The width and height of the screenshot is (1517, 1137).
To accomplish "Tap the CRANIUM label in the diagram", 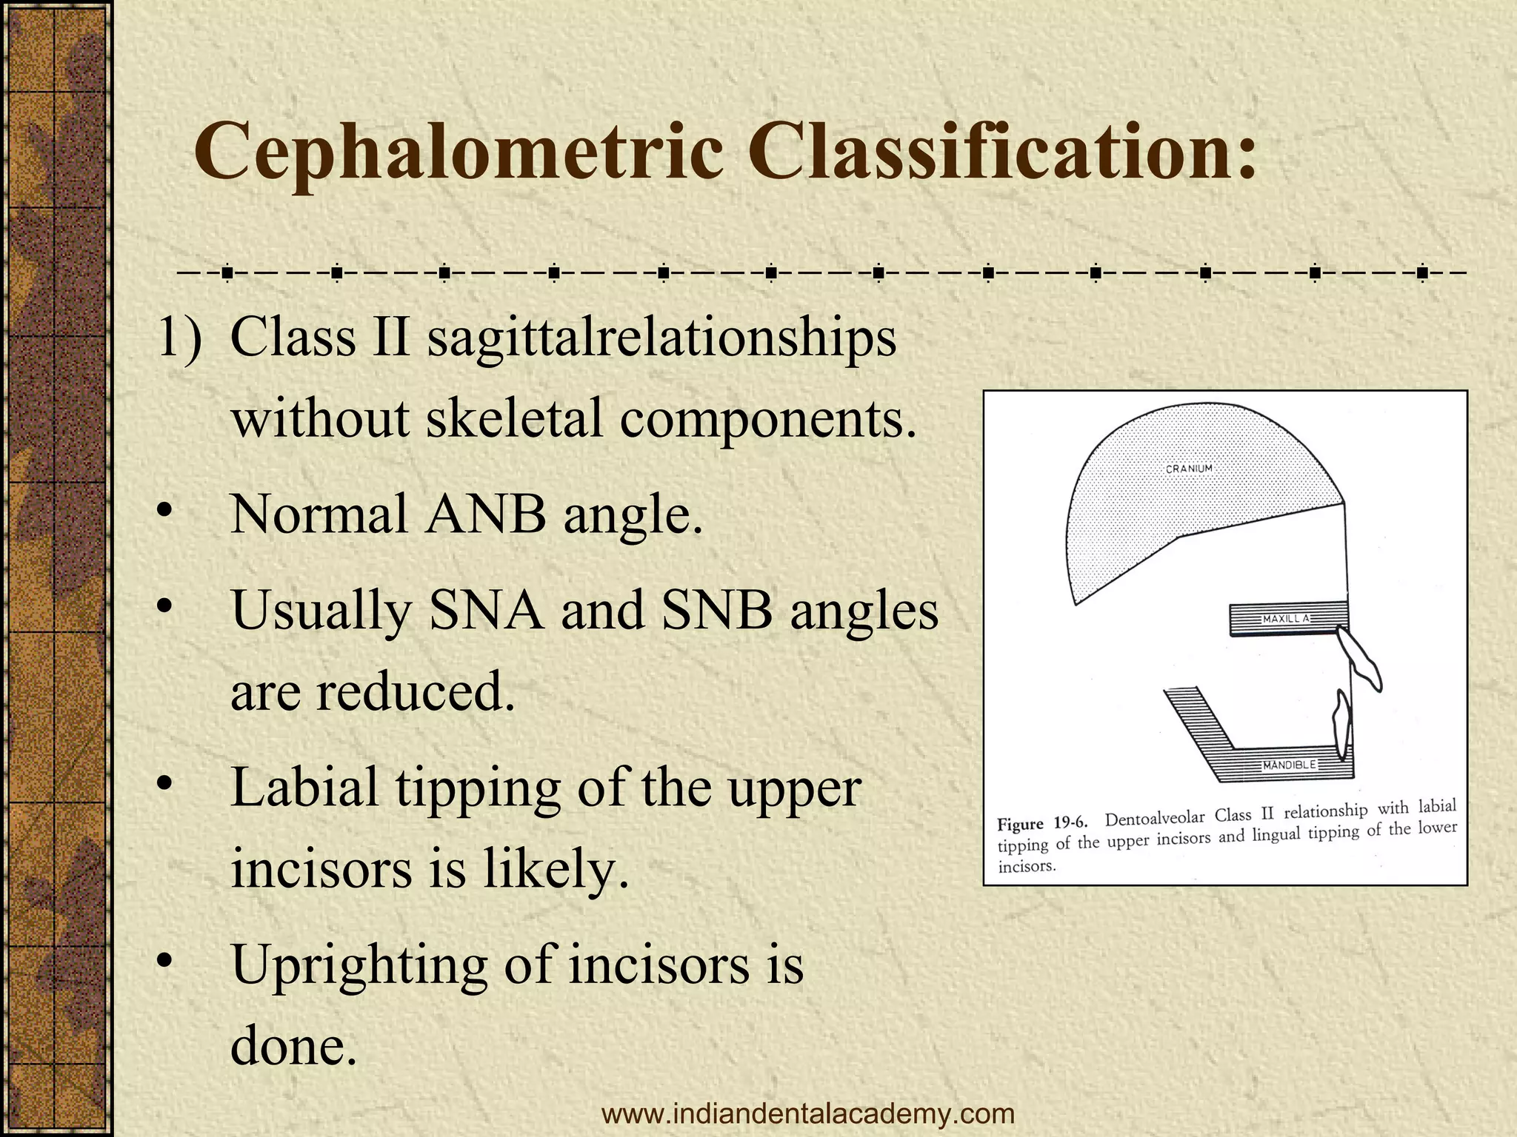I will pos(1189,469).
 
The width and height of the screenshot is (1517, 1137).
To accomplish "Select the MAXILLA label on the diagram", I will pos(1287,618).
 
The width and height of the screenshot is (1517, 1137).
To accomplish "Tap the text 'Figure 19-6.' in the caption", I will pos(1041,824).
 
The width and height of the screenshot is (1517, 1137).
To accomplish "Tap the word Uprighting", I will pos(359,965).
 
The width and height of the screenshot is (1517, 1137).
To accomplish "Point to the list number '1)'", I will pos(180,339).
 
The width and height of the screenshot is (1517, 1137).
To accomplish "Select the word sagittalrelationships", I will pos(661,339).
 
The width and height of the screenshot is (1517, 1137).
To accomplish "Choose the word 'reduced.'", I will pos(416,692).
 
